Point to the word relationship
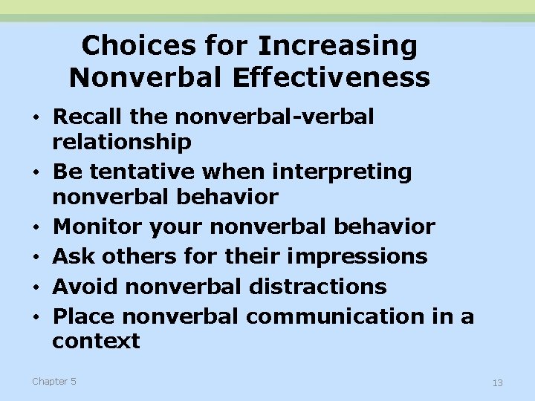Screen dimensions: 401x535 coord(122,142)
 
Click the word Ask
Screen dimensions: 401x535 coord(74,256)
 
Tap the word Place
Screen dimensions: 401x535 coord(84,316)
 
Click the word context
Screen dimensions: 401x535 coord(96,342)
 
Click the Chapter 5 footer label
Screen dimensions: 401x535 coord(53,382)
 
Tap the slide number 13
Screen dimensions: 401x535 coord(497,382)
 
